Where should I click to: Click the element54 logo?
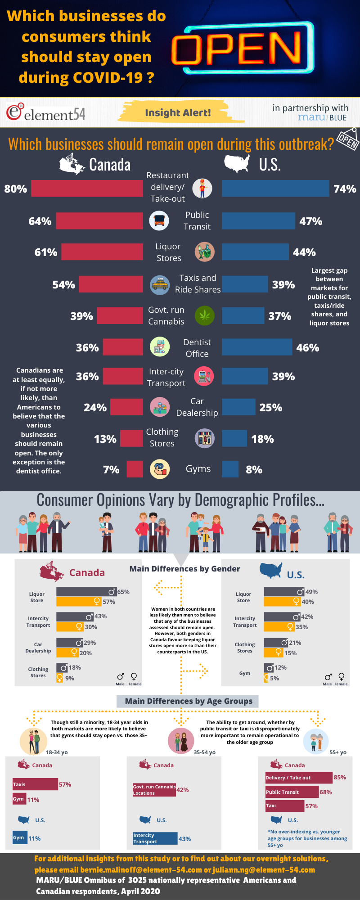[x=45, y=113]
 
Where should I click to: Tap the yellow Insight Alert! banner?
[x=178, y=112]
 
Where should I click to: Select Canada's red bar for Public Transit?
[x=99, y=221]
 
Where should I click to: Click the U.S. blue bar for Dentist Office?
[x=257, y=347]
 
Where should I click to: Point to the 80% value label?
[x=16, y=189]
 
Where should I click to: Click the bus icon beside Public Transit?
[x=159, y=220]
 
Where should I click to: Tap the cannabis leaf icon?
[x=204, y=316]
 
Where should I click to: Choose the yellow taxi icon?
[x=159, y=285]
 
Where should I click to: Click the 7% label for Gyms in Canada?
[x=111, y=470]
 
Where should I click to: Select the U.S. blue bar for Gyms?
[x=230, y=469]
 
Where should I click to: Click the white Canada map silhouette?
[x=72, y=164]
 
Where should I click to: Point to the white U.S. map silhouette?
[x=237, y=163]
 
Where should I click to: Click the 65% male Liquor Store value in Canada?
[x=123, y=592]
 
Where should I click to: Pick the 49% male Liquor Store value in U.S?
[x=311, y=592]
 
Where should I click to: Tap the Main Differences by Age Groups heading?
[x=189, y=701]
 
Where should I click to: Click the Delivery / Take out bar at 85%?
[x=299, y=778]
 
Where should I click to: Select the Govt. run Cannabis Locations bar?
[x=154, y=790]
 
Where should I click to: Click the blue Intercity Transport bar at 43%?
[x=155, y=839]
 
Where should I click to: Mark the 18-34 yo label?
[x=57, y=752]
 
